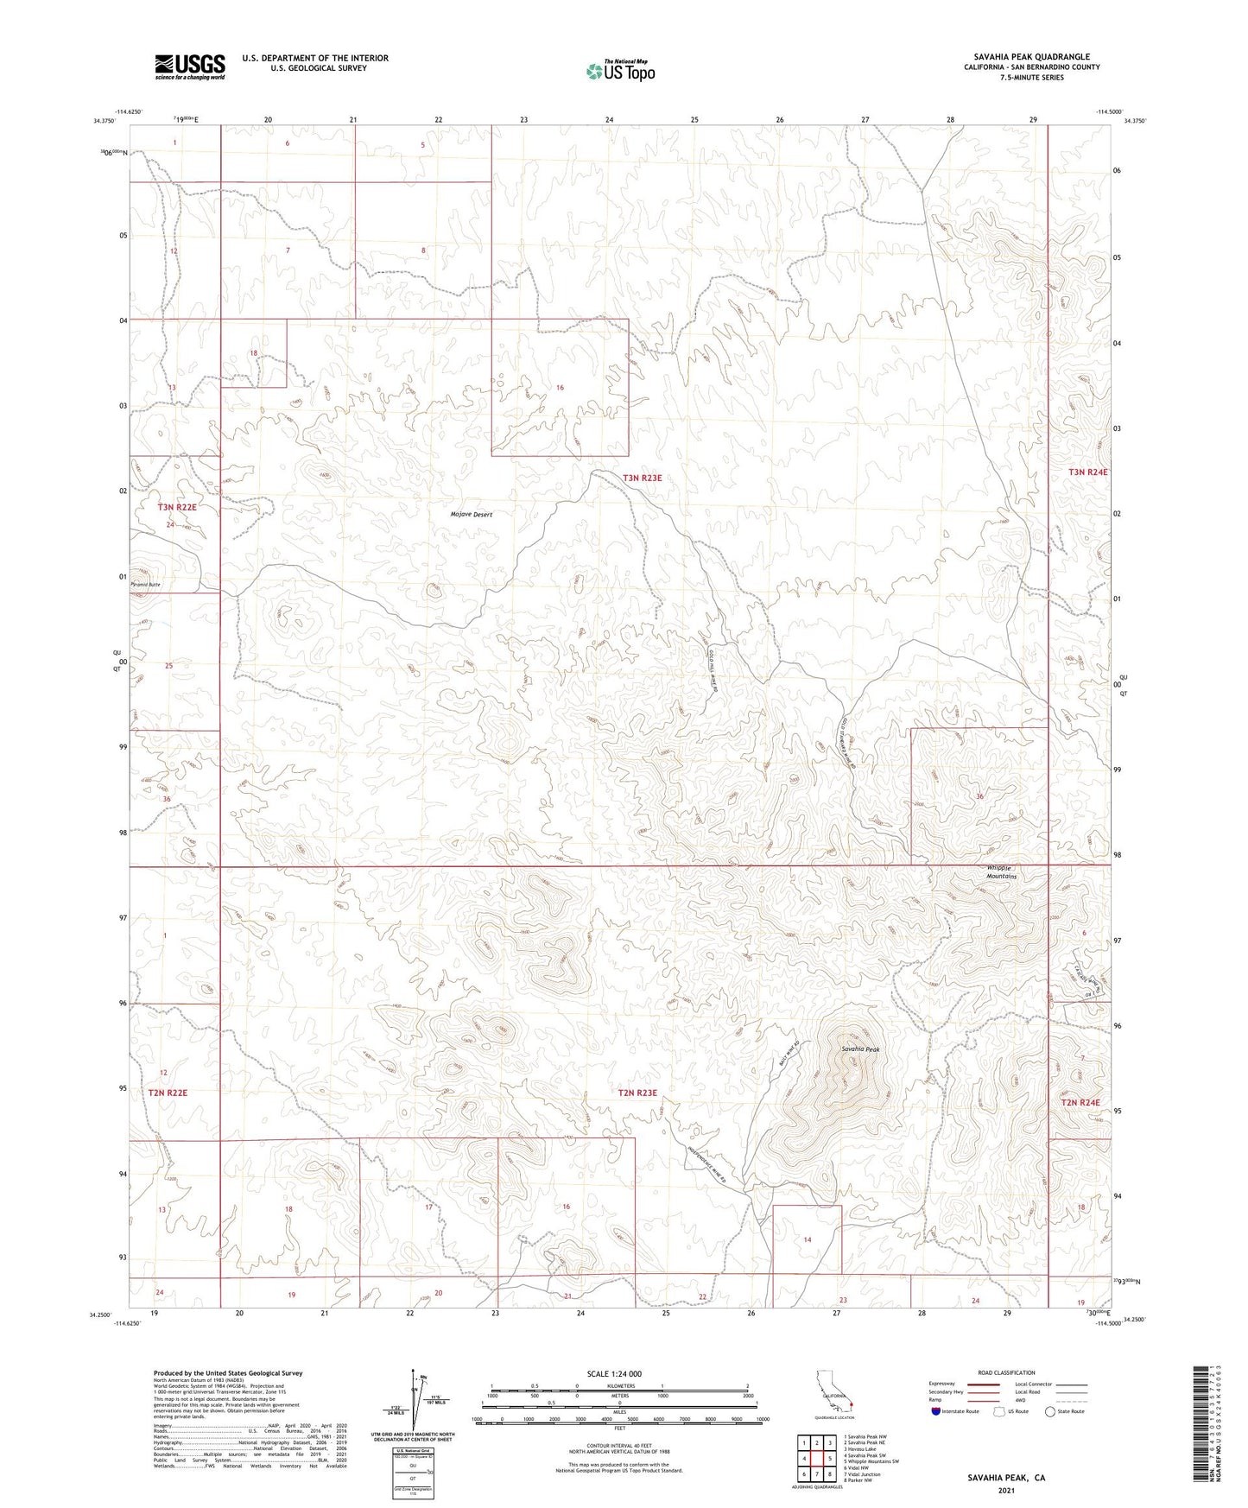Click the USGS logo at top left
pyautogui.click(x=190, y=67)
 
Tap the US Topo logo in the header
pyautogui.click(x=620, y=71)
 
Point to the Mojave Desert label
pyautogui.click(x=472, y=515)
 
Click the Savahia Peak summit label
pyautogui.click(x=860, y=1049)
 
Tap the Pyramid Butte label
pyautogui.click(x=145, y=585)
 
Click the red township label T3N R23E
pyautogui.click(x=642, y=478)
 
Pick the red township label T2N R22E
pyautogui.click(x=168, y=1093)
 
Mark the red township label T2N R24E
pyautogui.click(x=1080, y=1102)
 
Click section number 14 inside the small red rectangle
pyautogui.click(x=807, y=1239)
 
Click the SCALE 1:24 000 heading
pyautogui.click(x=614, y=1374)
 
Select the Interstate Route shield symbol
pyautogui.click(x=936, y=1411)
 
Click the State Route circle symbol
pyautogui.click(x=1049, y=1411)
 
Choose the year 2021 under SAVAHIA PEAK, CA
pyautogui.click(x=1005, y=1491)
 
